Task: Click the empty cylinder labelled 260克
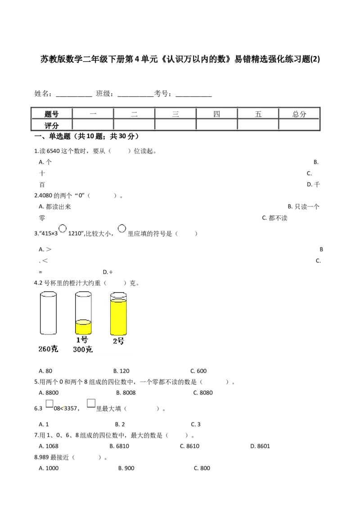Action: coord(48,313)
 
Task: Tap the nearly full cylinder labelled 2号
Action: coord(118,313)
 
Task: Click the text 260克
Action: coord(48,349)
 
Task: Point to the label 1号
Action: coord(82,340)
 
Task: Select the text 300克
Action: coord(83,349)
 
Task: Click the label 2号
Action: coord(118,341)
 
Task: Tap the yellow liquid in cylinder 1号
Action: coord(83,328)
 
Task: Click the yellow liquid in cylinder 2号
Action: coord(118,317)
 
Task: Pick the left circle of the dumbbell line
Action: coord(63,228)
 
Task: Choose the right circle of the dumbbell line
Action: coord(121,228)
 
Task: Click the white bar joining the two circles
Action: coord(92,228)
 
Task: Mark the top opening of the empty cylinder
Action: coord(48,294)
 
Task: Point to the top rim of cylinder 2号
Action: coord(118,295)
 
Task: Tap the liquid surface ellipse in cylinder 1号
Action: coord(83,322)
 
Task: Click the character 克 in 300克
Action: coord(89,349)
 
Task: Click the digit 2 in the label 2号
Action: coord(115,341)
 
